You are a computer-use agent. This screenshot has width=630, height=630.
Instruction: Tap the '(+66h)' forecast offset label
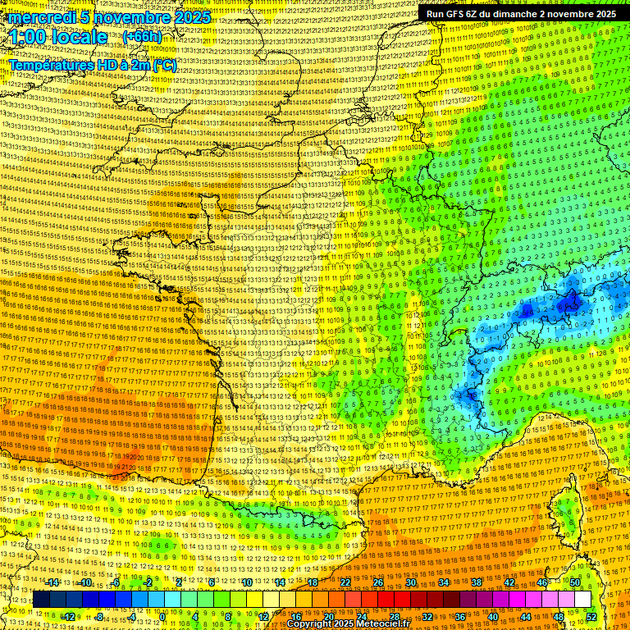coord(142,37)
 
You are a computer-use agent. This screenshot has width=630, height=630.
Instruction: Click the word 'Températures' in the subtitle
coord(52,65)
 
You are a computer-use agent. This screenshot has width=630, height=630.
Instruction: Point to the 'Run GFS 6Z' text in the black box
coord(456,14)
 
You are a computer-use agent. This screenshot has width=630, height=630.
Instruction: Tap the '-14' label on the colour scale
coord(54,582)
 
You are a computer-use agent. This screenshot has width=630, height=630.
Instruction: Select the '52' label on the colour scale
coord(591,617)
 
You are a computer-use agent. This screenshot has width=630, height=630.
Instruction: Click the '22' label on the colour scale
coord(345,582)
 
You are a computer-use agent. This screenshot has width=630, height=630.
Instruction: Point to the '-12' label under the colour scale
coord(69,617)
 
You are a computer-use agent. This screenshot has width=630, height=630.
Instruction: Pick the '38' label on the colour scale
coord(477,582)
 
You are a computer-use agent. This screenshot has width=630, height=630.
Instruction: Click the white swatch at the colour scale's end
coord(582,600)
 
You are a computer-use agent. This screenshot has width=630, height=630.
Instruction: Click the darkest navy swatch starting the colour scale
coord(41,600)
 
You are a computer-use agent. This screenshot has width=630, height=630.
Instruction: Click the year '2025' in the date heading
coord(189,17)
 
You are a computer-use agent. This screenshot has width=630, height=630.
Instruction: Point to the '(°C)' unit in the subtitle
coord(164,65)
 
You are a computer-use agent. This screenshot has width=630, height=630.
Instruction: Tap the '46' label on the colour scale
coord(542,582)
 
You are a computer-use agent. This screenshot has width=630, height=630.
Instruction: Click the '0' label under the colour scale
coord(163,617)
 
